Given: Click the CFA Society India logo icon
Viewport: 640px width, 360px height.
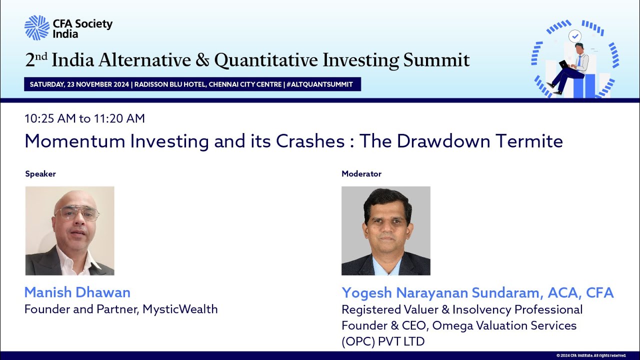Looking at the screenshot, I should pyautogui.click(x=37, y=27).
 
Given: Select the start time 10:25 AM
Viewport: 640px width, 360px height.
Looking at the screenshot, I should pyautogui.click(x=50, y=118).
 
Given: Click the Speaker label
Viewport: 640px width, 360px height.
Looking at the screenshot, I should pyautogui.click(x=40, y=174).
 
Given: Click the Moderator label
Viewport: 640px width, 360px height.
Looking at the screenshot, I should pyautogui.click(x=361, y=174).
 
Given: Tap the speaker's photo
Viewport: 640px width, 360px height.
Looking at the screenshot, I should pyautogui.click(x=69, y=230).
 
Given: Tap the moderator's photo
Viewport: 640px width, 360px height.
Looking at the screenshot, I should pyautogui.click(x=385, y=230).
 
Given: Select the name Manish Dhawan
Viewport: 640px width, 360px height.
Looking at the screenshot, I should pyautogui.click(x=77, y=292).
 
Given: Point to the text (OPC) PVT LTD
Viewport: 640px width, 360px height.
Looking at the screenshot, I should pyautogui.click(x=383, y=341).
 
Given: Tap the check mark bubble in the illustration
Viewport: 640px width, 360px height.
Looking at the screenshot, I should pyautogui.click(x=575, y=36).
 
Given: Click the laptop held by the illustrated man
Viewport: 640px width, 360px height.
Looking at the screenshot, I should pyautogui.click(x=563, y=64).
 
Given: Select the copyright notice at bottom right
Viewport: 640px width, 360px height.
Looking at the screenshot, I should pyautogui.click(x=591, y=355).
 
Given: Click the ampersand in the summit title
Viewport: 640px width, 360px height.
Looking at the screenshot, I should pyautogui.click(x=202, y=60).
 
